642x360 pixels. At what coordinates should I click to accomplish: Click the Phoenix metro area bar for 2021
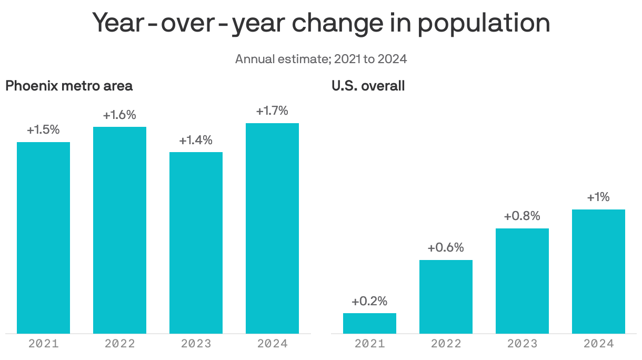coord(43,237)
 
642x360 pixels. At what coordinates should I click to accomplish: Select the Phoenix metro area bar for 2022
coord(119,230)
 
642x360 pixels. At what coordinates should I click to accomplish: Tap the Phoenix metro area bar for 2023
coord(196,243)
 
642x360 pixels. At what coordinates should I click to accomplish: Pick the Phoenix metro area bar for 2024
coord(272,228)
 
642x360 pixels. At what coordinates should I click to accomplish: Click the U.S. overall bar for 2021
coord(369,323)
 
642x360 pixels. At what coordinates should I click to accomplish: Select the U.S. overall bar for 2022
coord(446,296)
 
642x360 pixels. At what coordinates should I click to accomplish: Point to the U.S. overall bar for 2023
coord(522,281)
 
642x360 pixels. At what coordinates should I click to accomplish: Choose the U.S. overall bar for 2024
coord(598,271)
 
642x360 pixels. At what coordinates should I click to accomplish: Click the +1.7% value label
coord(272,111)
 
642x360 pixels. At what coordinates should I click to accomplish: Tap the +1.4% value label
coord(196,141)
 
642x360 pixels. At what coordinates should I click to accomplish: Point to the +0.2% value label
coord(369,302)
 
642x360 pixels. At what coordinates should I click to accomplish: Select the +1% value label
coord(598,197)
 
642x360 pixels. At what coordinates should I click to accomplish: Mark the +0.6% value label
coord(446,248)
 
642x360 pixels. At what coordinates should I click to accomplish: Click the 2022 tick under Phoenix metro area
coord(119,344)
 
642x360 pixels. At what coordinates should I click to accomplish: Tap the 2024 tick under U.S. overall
coord(598,344)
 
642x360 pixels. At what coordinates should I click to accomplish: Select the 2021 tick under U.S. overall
coord(369,344)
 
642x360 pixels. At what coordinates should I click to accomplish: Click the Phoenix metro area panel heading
coord(69,86)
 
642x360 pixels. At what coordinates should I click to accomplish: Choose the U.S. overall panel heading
coord(368,86)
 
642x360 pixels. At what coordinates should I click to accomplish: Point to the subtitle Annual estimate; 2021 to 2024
coord(321,58)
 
